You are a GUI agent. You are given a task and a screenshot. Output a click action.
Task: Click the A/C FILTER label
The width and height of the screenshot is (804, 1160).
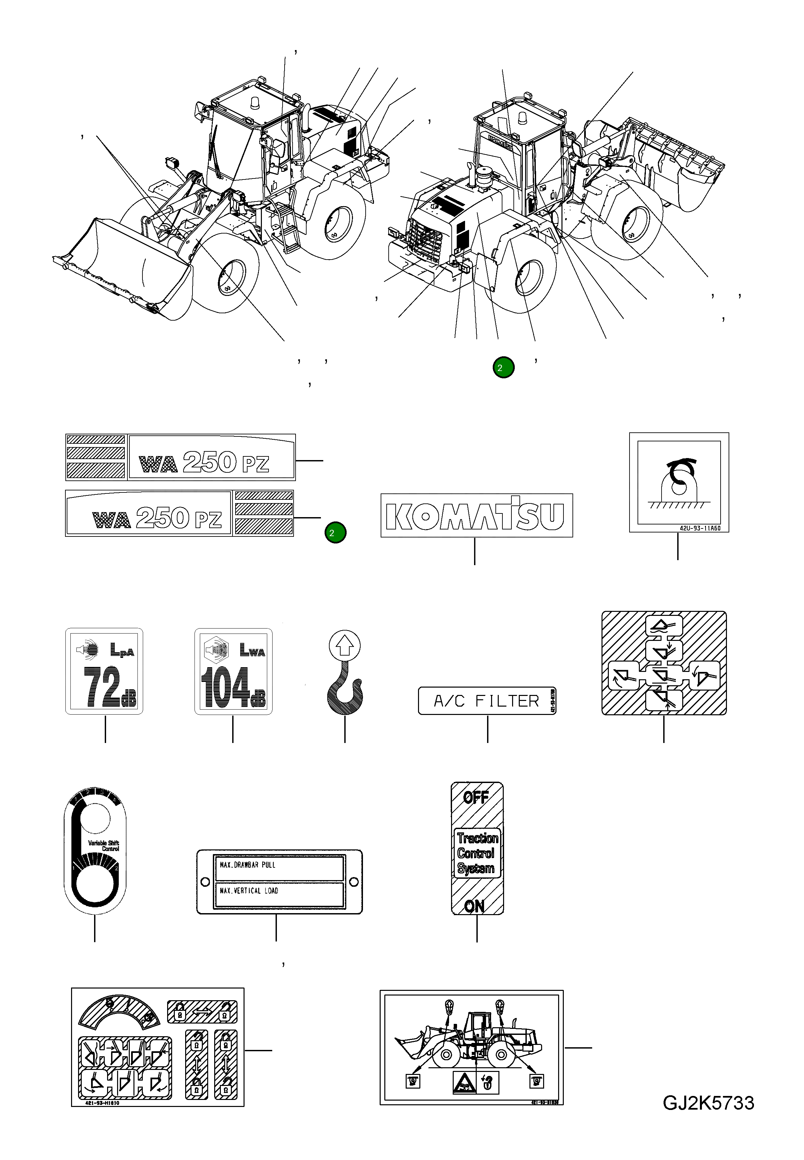pos(487,701)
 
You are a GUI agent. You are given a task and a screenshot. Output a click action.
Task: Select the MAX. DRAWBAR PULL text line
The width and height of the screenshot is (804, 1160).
pos(248,865)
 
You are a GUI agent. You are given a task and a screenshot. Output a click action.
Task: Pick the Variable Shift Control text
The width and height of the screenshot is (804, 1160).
pos(104,846)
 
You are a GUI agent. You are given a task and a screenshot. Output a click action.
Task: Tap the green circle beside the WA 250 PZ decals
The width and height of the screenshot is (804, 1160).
pos(336,533)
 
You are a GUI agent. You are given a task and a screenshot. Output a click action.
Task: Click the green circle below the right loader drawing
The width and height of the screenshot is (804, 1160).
pos(503,368)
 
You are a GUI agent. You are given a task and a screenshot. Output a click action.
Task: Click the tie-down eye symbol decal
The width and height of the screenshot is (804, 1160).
pos(679,482)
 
